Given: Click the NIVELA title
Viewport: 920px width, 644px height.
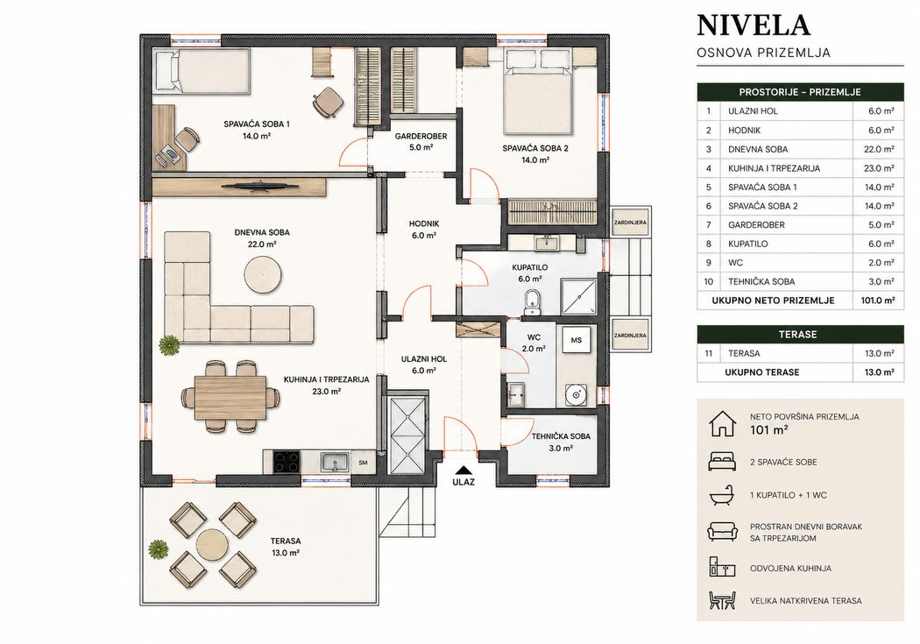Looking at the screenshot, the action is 754,25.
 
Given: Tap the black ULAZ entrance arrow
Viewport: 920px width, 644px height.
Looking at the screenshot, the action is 464,470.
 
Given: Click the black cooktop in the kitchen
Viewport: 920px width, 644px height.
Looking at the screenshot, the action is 287,462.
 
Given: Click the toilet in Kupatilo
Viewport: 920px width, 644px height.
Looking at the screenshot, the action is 533,299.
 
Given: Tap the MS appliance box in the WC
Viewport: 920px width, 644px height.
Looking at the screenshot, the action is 577,340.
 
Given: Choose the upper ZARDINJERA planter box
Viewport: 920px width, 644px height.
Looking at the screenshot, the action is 630,223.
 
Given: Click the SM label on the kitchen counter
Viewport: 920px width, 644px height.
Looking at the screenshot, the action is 364,463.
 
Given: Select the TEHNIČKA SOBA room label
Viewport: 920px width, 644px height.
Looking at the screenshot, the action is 561,436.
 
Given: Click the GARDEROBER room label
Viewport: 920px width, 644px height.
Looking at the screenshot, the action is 421,136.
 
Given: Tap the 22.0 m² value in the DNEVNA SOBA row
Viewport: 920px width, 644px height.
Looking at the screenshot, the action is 879,149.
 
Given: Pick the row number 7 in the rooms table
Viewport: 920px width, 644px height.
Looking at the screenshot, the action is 709,224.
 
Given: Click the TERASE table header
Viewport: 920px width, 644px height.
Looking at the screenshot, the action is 800,335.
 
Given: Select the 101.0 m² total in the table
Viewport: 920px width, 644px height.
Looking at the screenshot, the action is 878,301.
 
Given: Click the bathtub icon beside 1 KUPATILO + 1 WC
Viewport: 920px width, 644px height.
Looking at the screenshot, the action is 722,496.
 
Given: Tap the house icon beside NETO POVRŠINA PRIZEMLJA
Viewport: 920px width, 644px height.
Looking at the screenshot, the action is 722,423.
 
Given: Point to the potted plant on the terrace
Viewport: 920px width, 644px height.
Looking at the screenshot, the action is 158,549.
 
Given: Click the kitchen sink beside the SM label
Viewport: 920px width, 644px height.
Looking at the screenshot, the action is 335,462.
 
